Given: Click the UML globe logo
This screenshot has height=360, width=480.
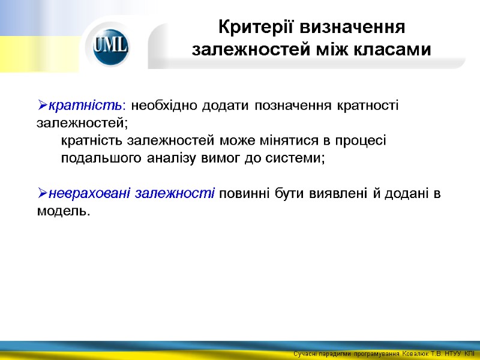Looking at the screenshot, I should click(x=111, y=46).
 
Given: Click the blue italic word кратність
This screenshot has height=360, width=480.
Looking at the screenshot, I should click(x=85, y=106).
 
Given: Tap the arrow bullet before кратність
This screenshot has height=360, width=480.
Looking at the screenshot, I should click(x=41, y=106).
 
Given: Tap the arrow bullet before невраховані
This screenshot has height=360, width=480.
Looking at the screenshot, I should click(x=41, y=194).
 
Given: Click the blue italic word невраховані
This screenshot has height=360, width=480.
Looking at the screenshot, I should click(x=90, y=193).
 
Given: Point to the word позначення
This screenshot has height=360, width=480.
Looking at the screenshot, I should click(x=292, y=106).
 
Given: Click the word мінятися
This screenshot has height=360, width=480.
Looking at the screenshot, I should click(x=290, y=141).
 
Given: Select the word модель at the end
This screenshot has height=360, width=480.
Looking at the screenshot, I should click(x=61, y=211).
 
